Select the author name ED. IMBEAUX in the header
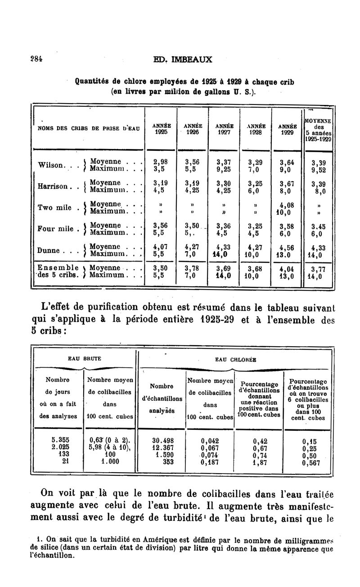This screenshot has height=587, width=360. click(x=183, y=59)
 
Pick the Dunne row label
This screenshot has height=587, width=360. click(x=49, y=250)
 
